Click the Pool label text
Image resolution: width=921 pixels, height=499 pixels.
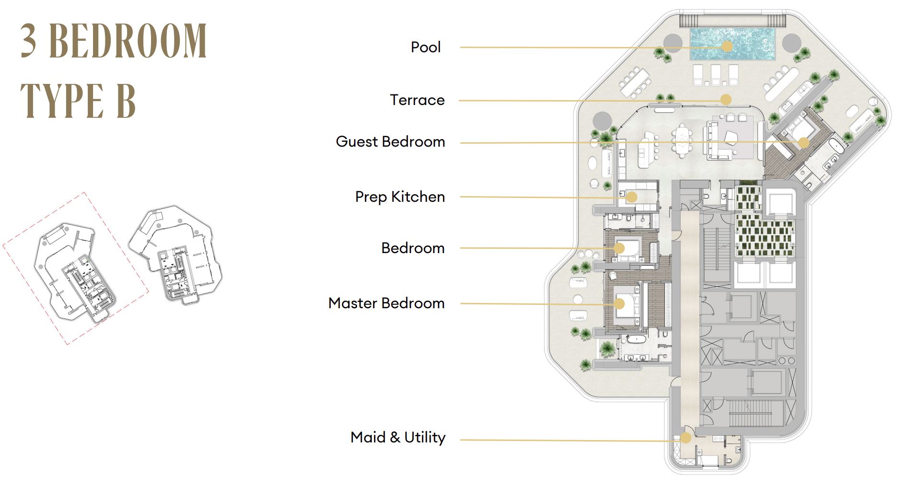click(x=426, y=47)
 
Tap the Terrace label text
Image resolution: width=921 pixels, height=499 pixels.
click(x=417, y=100)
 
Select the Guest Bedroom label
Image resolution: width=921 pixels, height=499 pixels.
click(x=390, y=141)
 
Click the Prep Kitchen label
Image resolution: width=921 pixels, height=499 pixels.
click(x=400, y=197)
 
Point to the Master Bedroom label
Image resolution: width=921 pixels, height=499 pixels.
click(x=386, y=303)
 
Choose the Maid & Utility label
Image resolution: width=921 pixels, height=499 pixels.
click(x=398, y=437)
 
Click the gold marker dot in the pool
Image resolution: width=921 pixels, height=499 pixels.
click(x=727, y=46)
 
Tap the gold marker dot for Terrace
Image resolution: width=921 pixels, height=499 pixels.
click(x=726, y=99)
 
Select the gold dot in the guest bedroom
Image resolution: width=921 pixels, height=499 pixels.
click(x=804, y=142)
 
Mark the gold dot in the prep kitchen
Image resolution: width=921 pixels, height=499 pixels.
click(x=631, y=197)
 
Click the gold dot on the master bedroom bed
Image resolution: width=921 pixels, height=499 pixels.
click(x=619, y=304)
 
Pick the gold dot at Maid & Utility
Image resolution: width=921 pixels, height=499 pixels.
click(x=686, y=438)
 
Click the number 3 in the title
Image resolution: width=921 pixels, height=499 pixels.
click(x=29, y=41)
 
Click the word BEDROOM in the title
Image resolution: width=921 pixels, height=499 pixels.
click(x=128, y=41)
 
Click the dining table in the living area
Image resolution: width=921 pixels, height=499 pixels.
click(x=682, y=140)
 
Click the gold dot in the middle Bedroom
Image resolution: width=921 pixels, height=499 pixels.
click(x=619, y=248)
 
